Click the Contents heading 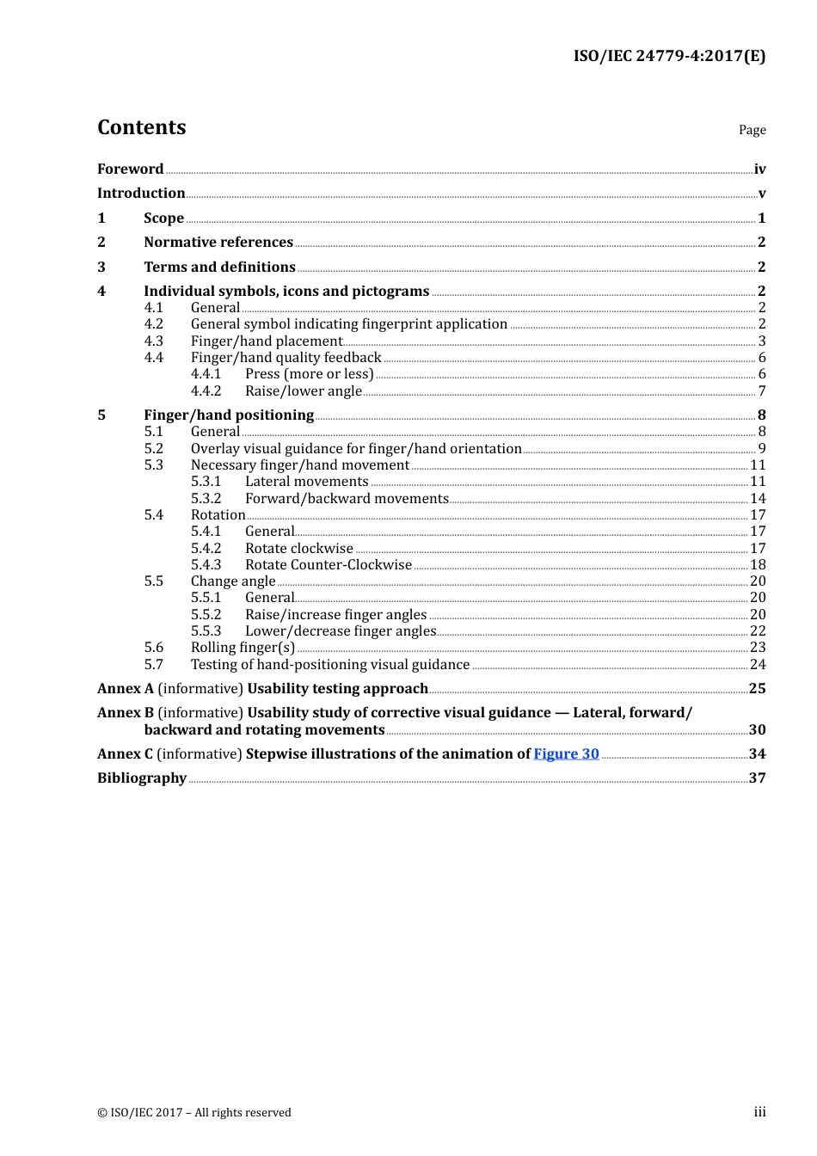[x=141, y=127]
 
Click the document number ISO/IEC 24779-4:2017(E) [x=669, y=56]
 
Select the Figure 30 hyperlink [x=566, y=753]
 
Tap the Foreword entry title [x=130, y=169]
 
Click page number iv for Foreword [x=759, y=169]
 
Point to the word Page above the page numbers [x=752, y=130]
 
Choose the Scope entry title [x=163, y=218]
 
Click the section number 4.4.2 [x=206, y=390]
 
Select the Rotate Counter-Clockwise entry [x=328, y=564]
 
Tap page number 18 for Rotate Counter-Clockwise [x=758, y=564]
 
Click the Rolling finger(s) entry [x=243, y=647]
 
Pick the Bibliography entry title [x=142, y=778]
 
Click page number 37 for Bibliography [x=757, y=778]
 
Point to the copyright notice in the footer [x=194, y=1112]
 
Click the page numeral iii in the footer [x=759, y=1112]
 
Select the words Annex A [x=126, y=688]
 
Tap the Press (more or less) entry [x=309, y=373]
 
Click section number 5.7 [x=154, y=664]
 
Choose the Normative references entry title [x=218, y=242]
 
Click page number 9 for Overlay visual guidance [x=762, y=448]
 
